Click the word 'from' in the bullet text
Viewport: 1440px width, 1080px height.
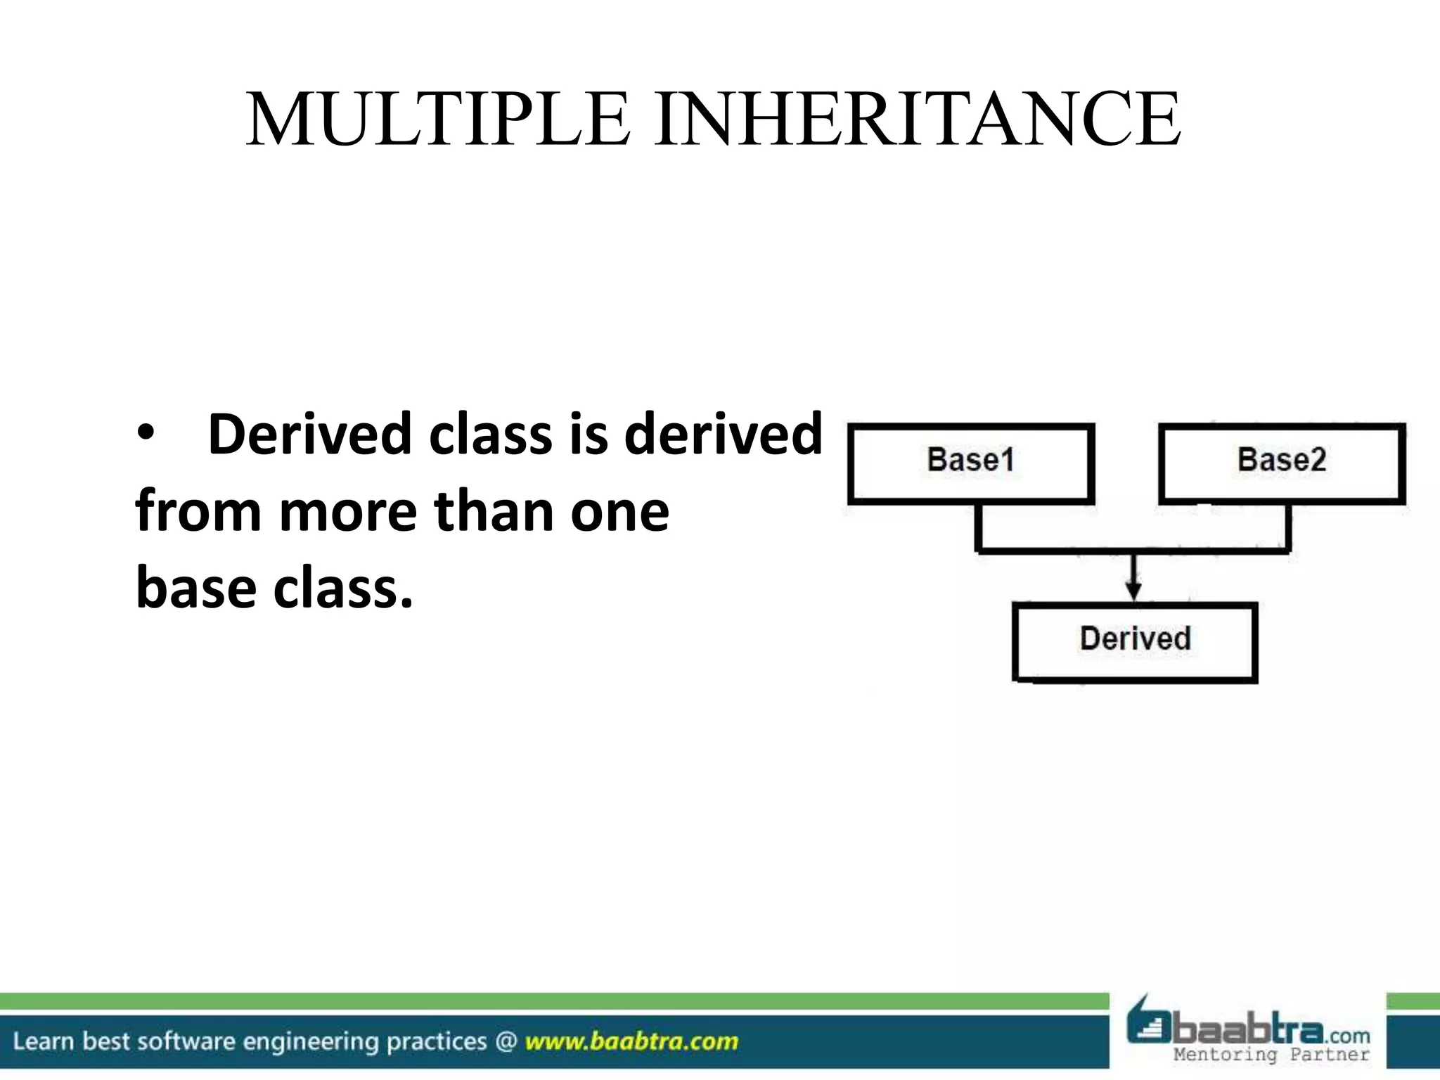tap(198, 511)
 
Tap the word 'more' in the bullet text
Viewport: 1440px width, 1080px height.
tap(349, 511)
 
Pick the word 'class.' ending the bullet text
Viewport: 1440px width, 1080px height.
tap(342, 588)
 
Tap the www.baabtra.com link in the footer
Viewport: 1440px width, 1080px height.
tap(631, 1041)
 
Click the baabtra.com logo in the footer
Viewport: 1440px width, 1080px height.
tap(1248, 1027)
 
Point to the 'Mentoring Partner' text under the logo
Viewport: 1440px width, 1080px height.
tap(1271, 1055)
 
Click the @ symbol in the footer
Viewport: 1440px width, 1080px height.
tap(506, 1041)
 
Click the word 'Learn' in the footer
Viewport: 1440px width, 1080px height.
tap(43, 1041)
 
